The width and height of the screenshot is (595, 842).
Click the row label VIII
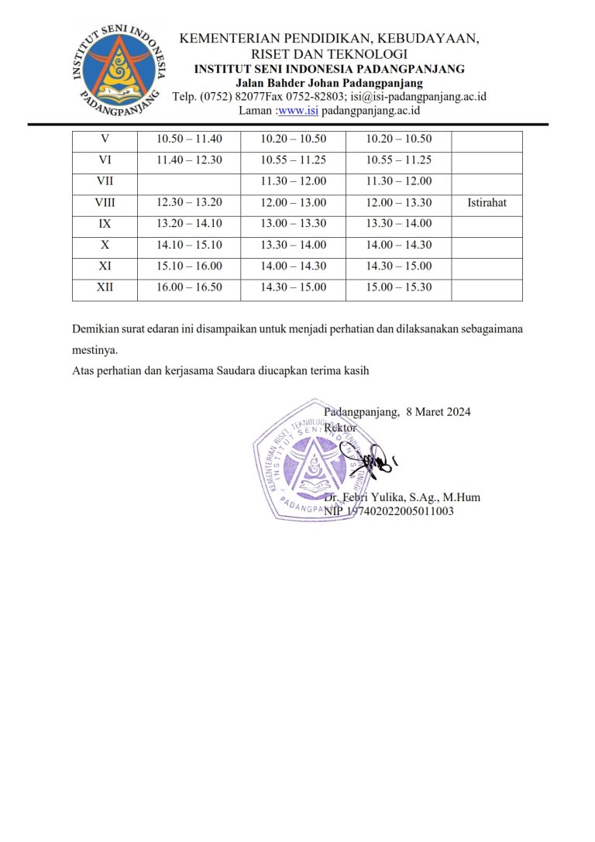click(x=105, y=203)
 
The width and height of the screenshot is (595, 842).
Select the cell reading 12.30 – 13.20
click(x=189, y=203)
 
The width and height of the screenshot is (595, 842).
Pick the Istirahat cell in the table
click(x=487, y=203)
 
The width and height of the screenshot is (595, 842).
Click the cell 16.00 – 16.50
click(x=189, y=287)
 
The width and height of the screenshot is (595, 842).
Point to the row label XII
click(x=105, y=287)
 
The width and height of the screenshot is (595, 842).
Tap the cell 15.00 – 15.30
click(x=398, y=287)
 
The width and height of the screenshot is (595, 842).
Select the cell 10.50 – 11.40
click(x=189, y=139)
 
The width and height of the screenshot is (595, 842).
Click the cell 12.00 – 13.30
click(x=398, y=203)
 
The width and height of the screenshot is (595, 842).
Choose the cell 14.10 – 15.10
click(x=189, y=245)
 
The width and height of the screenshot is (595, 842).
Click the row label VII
click(x=105, y=181)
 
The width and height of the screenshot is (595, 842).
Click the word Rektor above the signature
click(x=340, y=427)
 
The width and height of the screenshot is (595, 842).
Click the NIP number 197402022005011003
click(x=389, y=511)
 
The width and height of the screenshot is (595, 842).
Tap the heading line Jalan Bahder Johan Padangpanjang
click(x=329, y=83)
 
